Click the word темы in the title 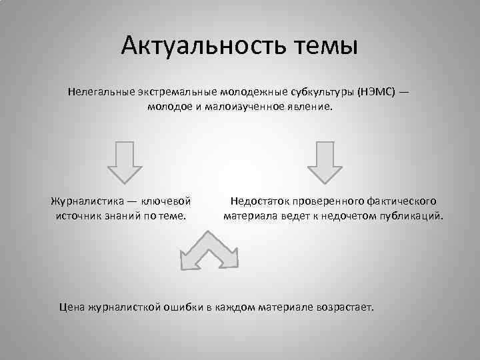coord(325,46)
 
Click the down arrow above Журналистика coord(125,161)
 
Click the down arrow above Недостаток coord(324,161)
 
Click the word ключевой coord(167,200)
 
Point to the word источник coord(81,216)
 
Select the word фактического coord(401,200)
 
